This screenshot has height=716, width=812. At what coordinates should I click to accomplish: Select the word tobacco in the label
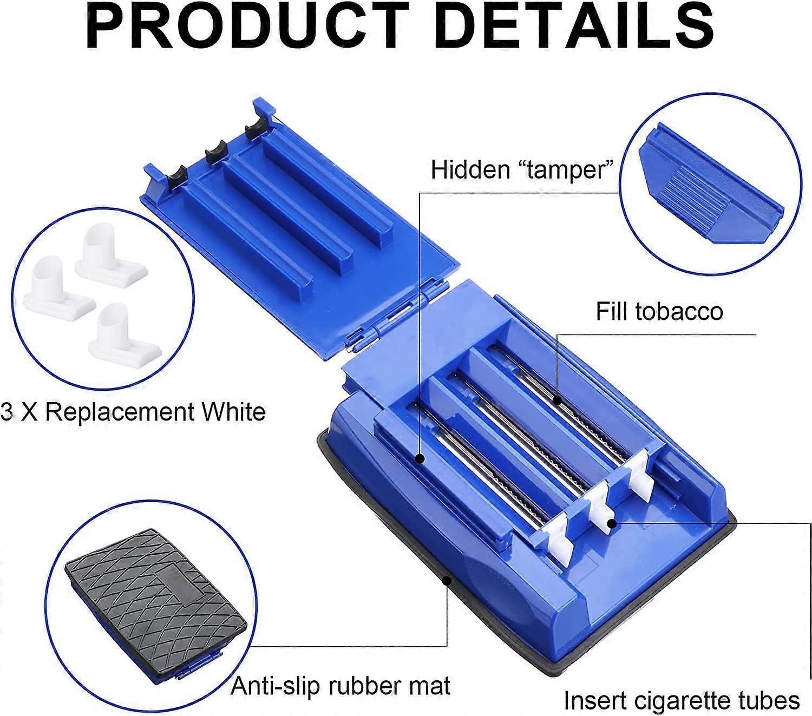679,311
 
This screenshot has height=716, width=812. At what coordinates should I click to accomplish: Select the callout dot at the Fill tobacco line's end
557,400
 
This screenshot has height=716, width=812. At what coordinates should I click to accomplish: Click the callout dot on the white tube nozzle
611,523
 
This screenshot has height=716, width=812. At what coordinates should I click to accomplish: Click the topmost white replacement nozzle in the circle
111,254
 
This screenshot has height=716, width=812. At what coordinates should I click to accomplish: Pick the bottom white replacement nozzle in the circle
125,336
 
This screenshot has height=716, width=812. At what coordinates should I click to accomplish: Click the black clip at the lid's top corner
257,129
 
